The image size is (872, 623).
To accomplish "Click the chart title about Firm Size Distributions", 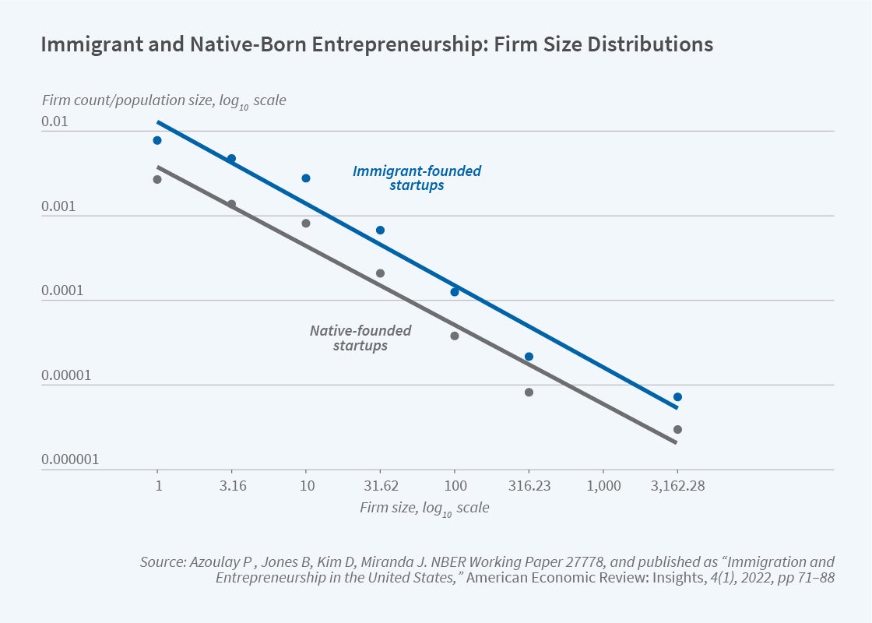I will (376, 44).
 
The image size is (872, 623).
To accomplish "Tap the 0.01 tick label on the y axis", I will (56, 122).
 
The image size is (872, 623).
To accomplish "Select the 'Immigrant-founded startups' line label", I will (417, 178).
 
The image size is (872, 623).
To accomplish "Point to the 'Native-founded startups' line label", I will (360, 338).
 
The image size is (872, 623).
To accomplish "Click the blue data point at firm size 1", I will (157, 140).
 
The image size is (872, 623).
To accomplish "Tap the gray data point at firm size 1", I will (157, 179).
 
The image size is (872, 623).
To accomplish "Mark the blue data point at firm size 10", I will (306, 178).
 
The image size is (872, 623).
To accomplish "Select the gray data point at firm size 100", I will (455, 336).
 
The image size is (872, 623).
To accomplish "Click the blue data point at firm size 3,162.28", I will (677, 397).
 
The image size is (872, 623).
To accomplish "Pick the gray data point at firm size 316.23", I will (529, 392).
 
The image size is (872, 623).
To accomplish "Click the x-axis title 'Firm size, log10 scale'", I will (424, 508).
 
